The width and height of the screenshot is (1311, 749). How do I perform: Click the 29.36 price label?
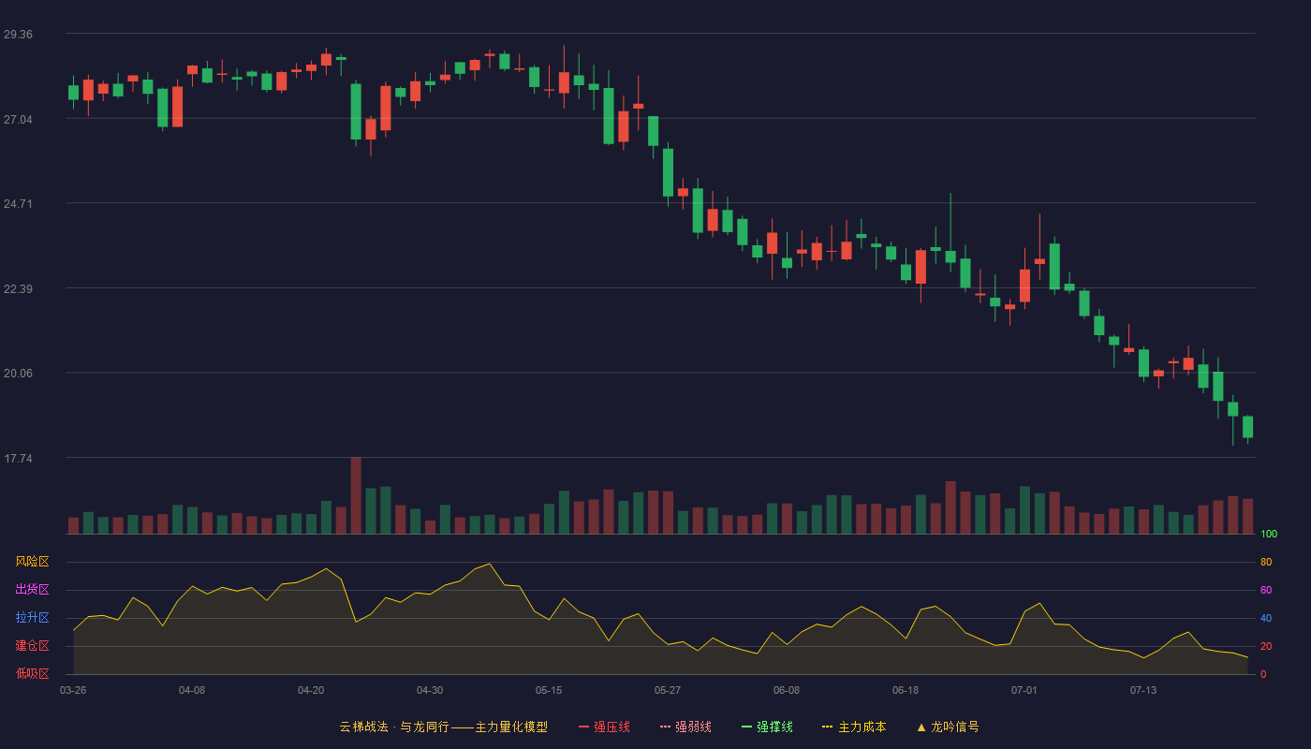coord(18,35)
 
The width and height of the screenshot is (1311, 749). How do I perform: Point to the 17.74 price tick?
coord(18,458)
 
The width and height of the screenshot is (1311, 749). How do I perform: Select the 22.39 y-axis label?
coord(18,289)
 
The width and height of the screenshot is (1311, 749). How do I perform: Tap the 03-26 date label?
coord(73,691)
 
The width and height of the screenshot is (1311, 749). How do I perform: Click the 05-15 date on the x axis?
coord(549,691)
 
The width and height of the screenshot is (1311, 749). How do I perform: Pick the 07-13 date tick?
coord(1143,691)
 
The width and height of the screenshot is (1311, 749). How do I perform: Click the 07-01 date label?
coord(1024,691)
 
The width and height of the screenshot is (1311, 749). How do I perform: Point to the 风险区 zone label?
coord(32,562)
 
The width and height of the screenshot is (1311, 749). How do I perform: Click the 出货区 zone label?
coord(32,589)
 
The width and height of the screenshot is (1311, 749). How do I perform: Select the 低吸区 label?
coord(32,673)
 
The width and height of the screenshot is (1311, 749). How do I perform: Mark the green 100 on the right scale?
coord(1269,534)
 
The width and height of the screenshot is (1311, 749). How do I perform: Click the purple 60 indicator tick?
coord(1266,590)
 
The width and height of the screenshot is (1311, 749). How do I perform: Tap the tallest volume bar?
coord(356,495)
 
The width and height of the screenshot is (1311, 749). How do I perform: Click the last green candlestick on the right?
coord(1247,427)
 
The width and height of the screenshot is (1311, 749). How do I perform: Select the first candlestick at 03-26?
coord(73,93)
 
